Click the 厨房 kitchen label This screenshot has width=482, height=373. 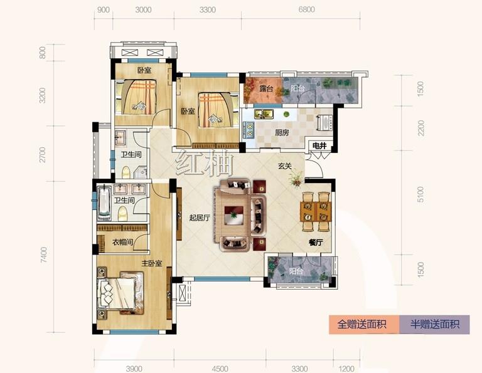[282, 133]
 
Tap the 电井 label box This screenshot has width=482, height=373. [319, 145]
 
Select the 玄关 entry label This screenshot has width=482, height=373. [285, 166]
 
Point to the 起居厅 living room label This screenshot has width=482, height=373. [200, 218]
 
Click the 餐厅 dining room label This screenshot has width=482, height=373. [316, 243]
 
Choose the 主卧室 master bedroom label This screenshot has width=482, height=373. [151, 263]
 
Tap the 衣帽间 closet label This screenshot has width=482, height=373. [122, 242]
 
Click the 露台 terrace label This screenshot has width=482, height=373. [266, 89]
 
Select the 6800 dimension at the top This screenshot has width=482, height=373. [306, 9]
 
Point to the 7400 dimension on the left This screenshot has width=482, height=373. [44, 255]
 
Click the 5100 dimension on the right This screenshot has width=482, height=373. [420, 194]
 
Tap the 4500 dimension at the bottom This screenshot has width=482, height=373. [220, 369]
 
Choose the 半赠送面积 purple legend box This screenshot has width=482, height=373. [435, 325]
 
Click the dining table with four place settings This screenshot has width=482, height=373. [316, 211]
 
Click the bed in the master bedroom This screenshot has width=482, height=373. [120, 293]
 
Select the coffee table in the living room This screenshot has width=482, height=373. [234, 216]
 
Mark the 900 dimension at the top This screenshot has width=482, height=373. [104, 10]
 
